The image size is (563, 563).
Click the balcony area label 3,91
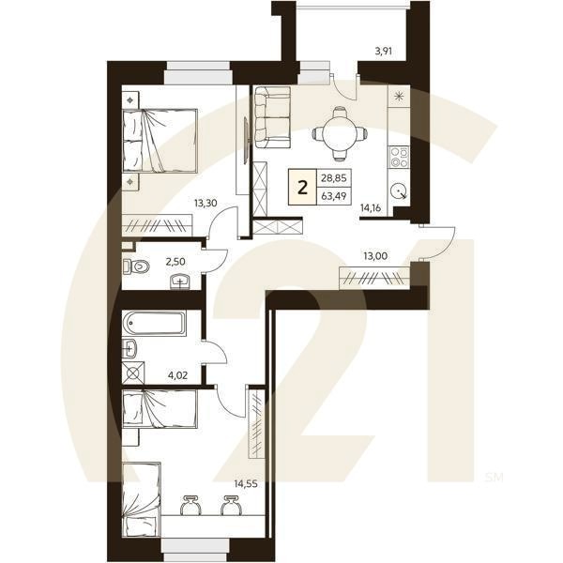click(383, 51)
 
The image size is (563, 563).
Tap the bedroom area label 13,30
click(205, 204)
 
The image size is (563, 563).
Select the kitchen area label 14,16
click(371, 207)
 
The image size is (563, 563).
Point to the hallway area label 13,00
click(375, 256)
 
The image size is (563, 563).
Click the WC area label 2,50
click(175, 262)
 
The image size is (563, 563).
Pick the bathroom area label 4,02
click(177, 376)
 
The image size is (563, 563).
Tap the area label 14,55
click(246, 483)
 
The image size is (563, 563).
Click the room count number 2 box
click(303, 187)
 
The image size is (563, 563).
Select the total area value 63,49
click(334, 196)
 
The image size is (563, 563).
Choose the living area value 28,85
click(334, 177)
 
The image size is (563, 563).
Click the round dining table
click(340, 133)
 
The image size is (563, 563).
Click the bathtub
click(154, 323)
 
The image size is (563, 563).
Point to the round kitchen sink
click(400, 190)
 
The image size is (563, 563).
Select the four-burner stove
click(400, 158)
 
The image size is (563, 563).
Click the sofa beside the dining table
click(272, 117)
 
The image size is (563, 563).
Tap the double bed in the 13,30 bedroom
click(160, 141)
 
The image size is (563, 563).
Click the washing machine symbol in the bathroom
click(133, 373)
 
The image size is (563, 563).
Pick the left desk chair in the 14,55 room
click(190, 505)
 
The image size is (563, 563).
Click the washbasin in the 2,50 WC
click(180, 281)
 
